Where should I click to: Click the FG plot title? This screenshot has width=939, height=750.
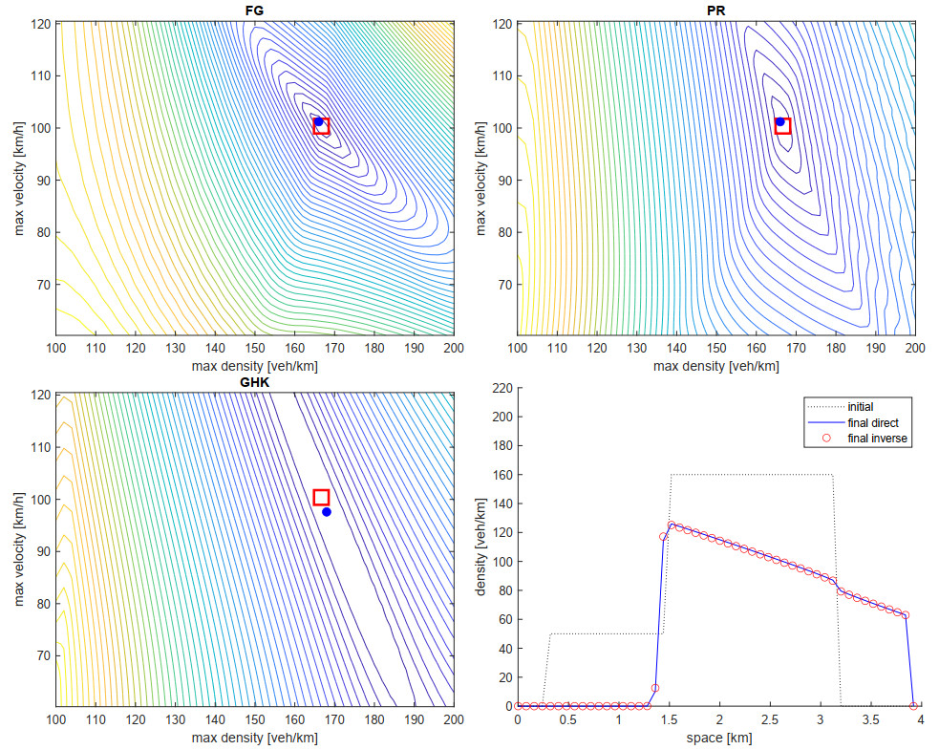254,10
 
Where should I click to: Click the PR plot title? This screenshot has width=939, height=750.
715,10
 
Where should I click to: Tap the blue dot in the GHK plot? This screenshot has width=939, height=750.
327,512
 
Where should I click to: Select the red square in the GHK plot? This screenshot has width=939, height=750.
321,497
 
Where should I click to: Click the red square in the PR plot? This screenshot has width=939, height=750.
782,126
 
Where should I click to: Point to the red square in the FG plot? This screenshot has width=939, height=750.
321,126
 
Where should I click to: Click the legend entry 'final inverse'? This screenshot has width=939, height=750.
877,439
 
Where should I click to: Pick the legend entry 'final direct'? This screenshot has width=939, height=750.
873,422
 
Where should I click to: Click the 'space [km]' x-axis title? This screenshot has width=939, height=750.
715,738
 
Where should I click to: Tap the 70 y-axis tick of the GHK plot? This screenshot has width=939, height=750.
40,655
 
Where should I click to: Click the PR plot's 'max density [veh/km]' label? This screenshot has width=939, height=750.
715,366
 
